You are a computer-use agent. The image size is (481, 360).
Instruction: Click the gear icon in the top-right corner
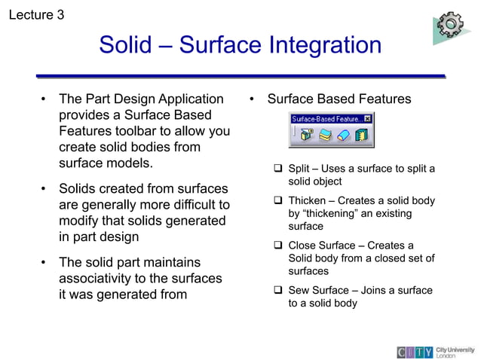[x=451, y=25]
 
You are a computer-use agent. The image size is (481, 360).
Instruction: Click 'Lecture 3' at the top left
[x=35, y=14]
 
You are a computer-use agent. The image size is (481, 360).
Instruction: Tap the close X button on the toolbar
[x=367, y=119]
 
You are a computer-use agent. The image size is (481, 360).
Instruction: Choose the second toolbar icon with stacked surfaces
[x=325, y=136]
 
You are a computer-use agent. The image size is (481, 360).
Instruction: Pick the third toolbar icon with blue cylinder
[x=343, y=136]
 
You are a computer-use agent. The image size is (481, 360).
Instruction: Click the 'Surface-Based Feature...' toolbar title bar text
[x=326, y=119]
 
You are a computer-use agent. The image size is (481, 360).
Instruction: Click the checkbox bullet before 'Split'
[x=277, y=169]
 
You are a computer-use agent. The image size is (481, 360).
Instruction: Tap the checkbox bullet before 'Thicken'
[x=277, y=201]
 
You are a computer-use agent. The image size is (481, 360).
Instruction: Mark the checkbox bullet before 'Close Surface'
[x=277, y=246]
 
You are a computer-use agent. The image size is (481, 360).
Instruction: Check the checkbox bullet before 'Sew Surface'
[x=277, y=291]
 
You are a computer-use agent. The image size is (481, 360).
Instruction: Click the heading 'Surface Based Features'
[x=339, y=99]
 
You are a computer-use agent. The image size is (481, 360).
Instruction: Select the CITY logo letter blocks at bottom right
[x=415, y=352]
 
